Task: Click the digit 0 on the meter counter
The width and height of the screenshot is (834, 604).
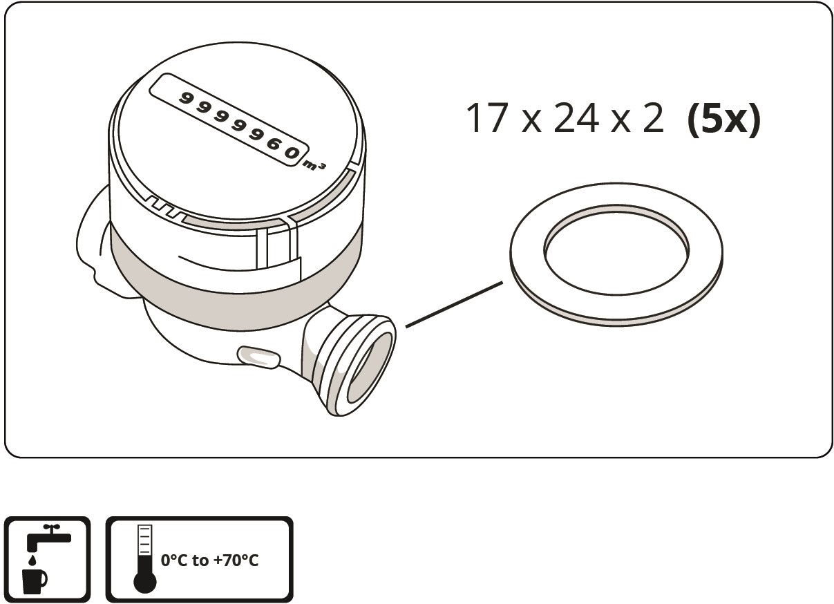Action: (x=294, y=152)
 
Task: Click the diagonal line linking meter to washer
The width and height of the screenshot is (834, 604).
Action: (x=454, y=305)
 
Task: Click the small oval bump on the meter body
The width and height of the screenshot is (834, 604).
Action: (x=258, y=357)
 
